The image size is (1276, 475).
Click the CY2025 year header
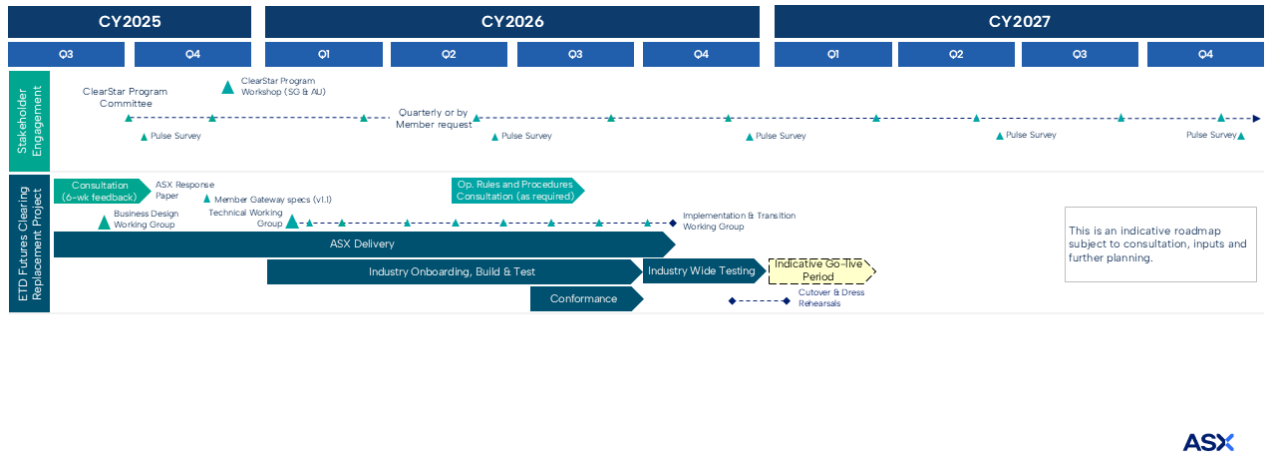130,21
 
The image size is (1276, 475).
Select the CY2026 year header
511,21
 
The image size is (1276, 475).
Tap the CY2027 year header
1019,21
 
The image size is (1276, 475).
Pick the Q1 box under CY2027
832,54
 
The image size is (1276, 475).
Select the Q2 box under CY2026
449,54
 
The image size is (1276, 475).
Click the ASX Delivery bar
362,244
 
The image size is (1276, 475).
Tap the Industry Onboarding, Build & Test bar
454,271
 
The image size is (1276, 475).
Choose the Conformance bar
584,298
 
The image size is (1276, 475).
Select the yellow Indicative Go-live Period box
820,270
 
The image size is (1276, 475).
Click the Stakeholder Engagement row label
29,121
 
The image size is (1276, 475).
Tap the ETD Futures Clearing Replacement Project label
29,243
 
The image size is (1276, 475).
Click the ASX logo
1208,442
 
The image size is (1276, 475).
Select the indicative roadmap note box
1159,244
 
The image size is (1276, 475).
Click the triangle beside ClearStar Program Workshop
227,88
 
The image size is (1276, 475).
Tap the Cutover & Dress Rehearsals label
831,297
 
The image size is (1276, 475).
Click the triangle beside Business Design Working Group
104,222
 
